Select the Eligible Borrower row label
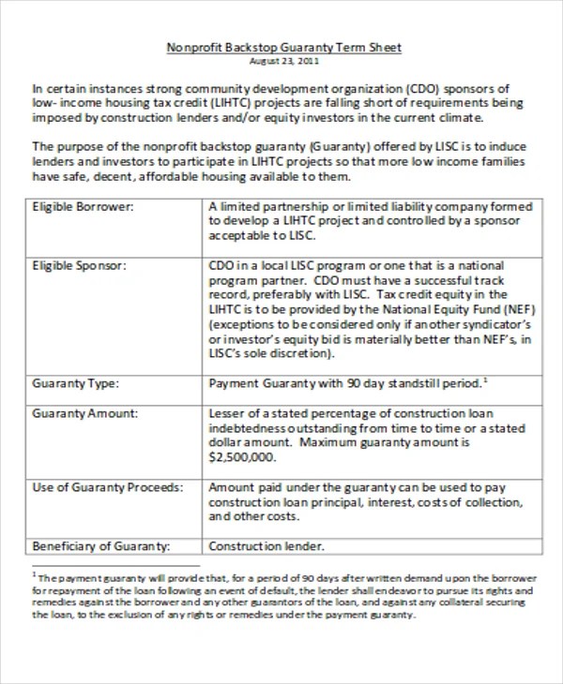coord(83,206)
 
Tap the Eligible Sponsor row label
coord(80,266)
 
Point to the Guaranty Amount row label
coord(84,413)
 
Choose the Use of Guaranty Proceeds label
coord(107,488)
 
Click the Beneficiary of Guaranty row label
coord(100,546)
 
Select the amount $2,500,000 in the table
coord(241,458)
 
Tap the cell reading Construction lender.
coord(266,546)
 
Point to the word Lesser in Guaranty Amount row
coord(226,413)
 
